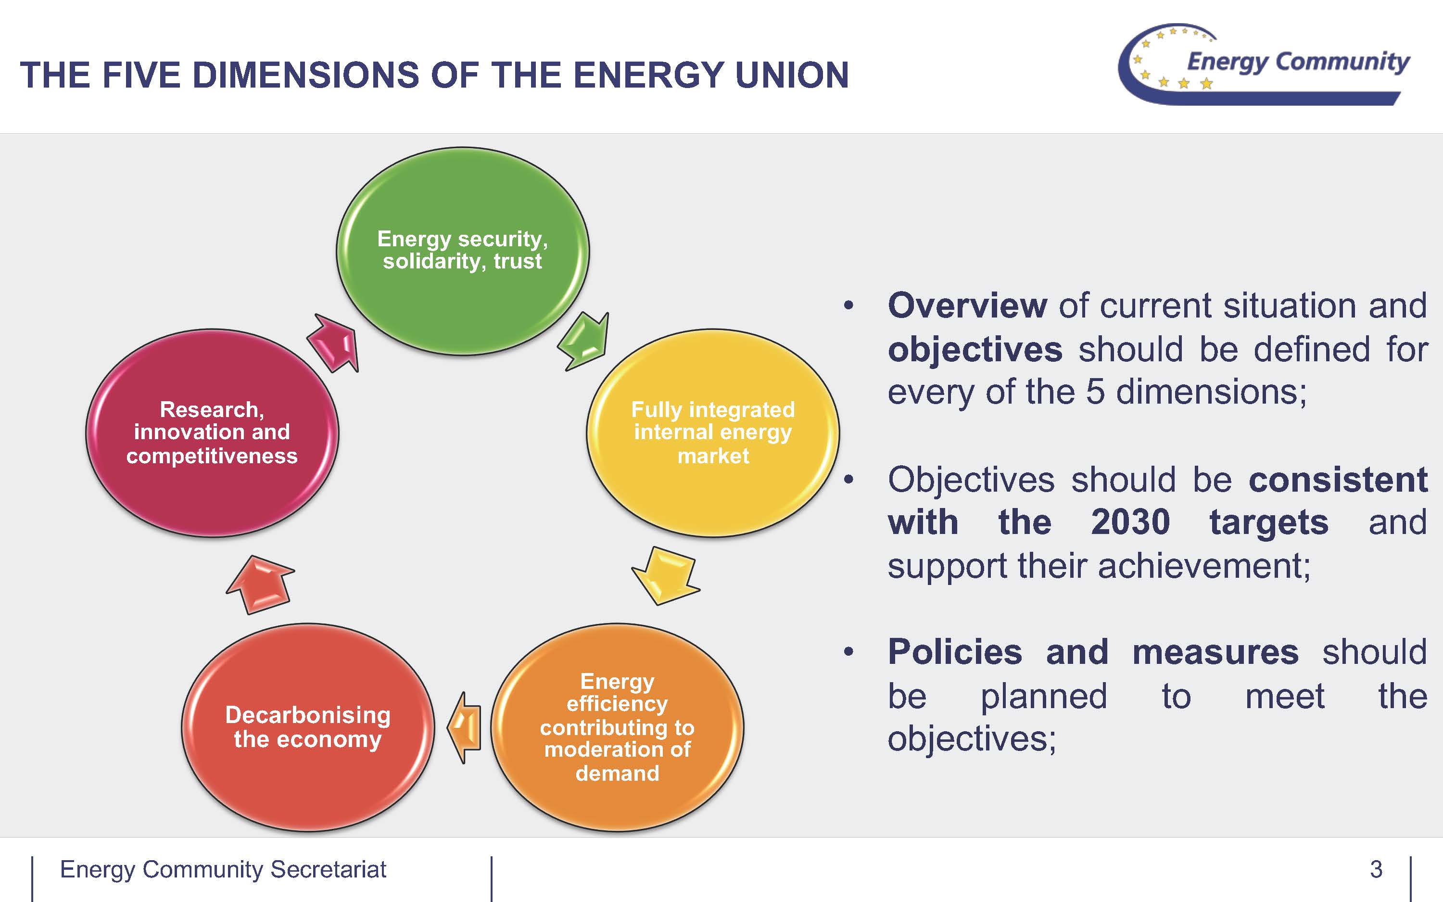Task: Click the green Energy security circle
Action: [463, 251]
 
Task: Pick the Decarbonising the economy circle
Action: [308, 726]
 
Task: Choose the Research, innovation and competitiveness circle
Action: [212, 432]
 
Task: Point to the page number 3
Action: [1376, 869]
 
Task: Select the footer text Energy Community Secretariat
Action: [223, 869]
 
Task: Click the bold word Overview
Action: [967, 306]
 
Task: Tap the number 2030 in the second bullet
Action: [1130, 522]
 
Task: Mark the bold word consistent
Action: [1338, 480]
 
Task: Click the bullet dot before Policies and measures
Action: [848, 651]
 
